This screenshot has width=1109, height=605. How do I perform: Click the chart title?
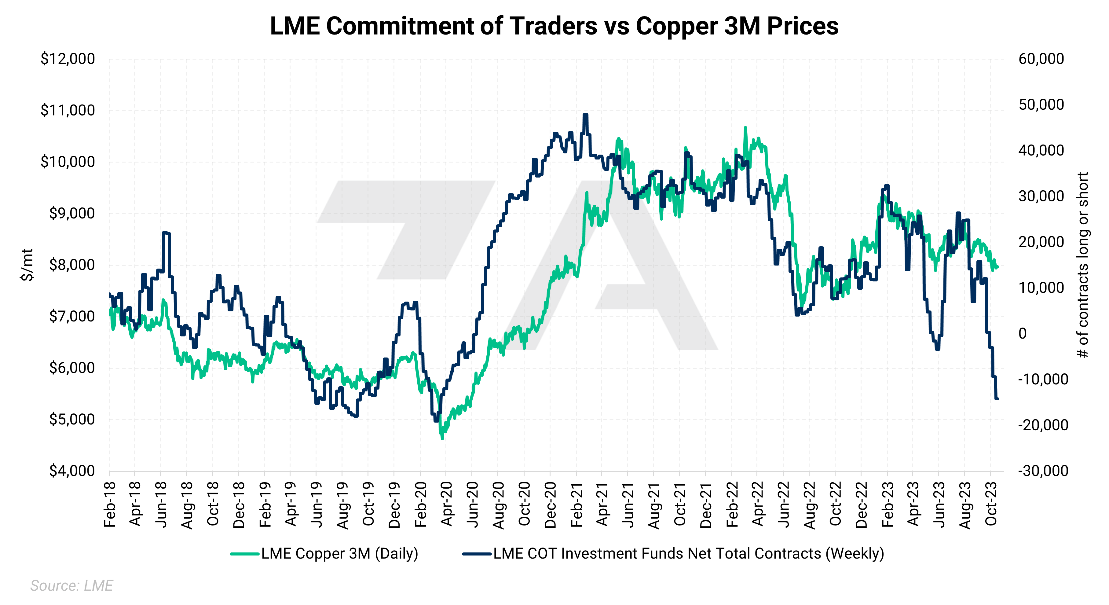pyautogui.click(x=554, y=26)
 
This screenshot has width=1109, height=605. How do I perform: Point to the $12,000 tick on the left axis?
pyautogui.click(x=68, y=59)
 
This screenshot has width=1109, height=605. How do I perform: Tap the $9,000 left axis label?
pyautogui.click(x=72, y=214)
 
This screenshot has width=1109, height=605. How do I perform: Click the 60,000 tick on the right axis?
pyautogui.click(x=1041, y=59)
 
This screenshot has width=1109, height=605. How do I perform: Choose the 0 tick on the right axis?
pyautogui.click(x=1023, y=334)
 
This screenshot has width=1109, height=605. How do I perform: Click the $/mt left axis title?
pyautogui.click(x=27, y=265)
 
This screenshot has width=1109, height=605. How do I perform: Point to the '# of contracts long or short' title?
pyautogui.click(x=1083, y=265)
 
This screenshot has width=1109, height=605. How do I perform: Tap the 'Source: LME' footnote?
pyautogui.click(x=71, y=586)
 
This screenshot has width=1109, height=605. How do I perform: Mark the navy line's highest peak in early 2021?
pyautogui.click(x=585, y=115)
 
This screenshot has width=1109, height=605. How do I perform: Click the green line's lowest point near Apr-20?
pyautogui.click(x=442, y=438)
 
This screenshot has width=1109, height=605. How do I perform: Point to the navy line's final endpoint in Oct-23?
pyautogui.click(x=997, y=399)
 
